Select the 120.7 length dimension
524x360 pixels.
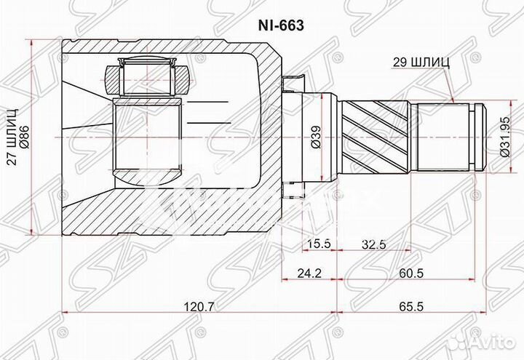[198, 307]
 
